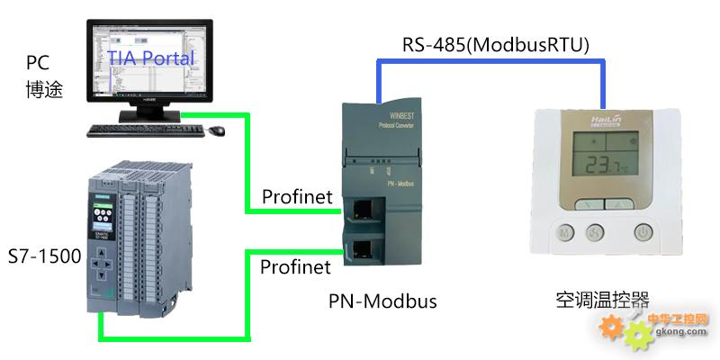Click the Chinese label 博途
(44, 89)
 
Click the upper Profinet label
(296, 196)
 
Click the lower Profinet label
(295, 267)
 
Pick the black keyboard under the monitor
(145, 131)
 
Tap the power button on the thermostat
(643, 232)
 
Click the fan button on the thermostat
(595, 232)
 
